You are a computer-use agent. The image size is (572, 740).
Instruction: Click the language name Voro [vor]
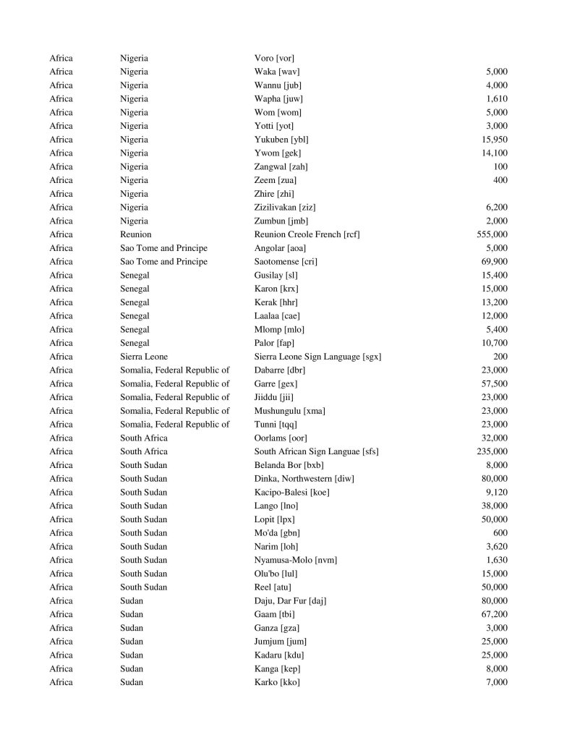click(274, 58)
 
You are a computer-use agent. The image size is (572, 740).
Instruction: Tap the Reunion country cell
click(136, 234)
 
